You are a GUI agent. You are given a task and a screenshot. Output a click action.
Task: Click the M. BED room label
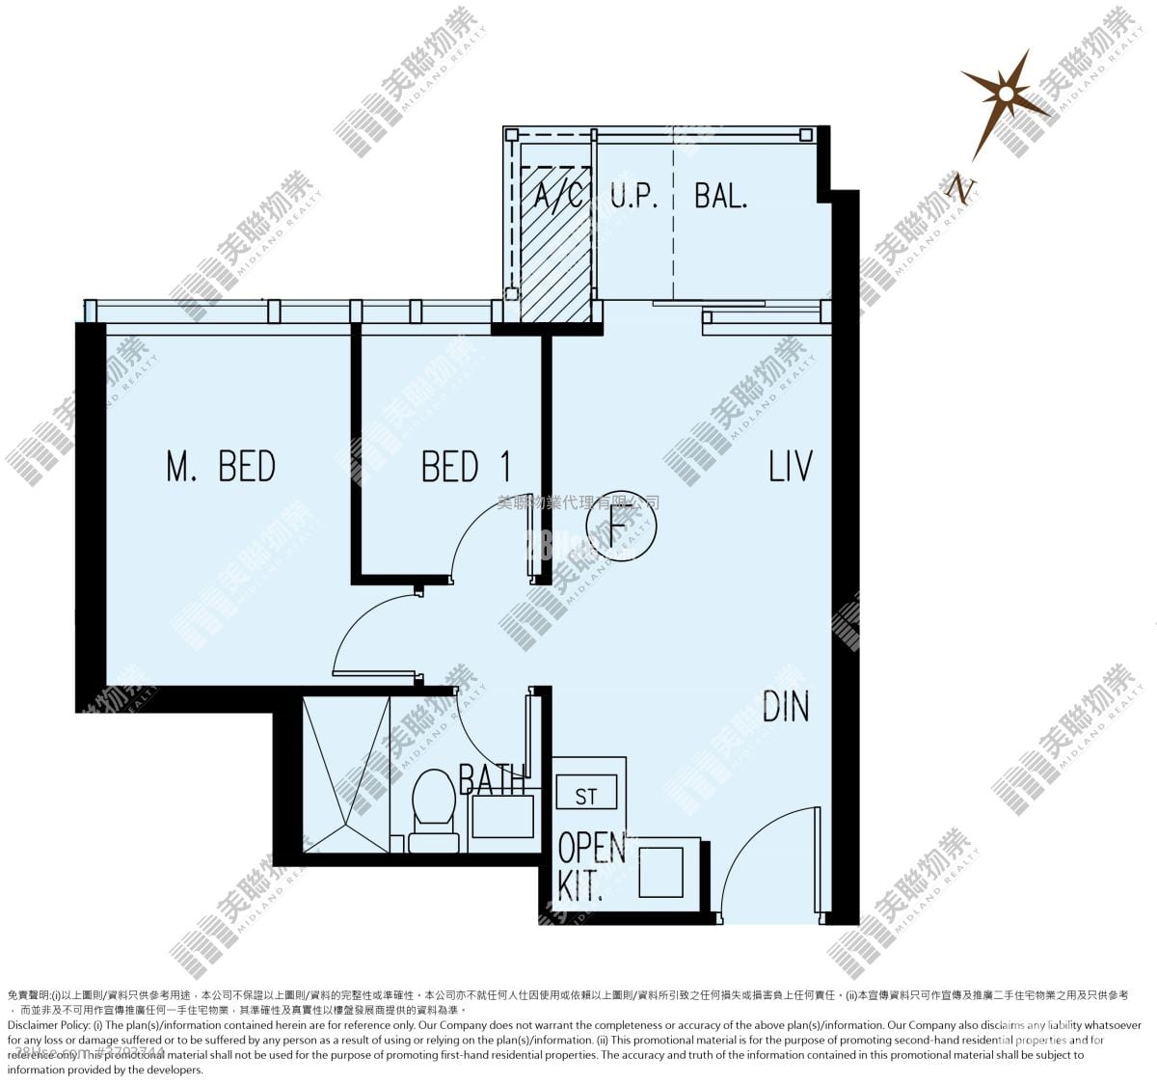coord(221,466)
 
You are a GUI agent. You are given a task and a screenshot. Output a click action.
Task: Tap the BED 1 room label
coord(466,467)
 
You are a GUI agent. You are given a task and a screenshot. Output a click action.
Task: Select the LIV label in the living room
coord(790,466)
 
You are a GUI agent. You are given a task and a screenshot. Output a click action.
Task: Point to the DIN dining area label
coord(785,707)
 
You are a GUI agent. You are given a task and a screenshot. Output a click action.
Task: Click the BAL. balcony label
coord(720,196)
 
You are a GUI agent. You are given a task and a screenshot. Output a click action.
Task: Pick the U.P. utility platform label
coord(633,196)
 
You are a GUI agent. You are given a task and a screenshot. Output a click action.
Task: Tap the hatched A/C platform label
coord(557,196)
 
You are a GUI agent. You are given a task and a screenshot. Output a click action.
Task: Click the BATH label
coord(492,777)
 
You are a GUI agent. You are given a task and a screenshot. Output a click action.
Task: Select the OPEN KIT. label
coord(590,866)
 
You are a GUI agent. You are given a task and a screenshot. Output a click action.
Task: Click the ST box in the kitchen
coord(586,796)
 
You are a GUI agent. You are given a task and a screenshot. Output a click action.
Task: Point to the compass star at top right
coord(1005,95)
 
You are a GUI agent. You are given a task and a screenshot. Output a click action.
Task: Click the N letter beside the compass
coord(959,188)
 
